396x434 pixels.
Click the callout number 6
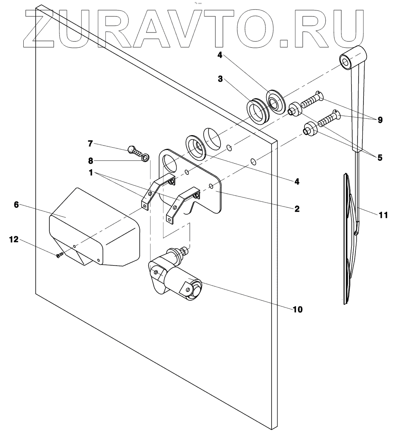tap(16, 205)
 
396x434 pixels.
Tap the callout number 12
tap(14, 239)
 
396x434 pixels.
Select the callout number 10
tap(298, 309)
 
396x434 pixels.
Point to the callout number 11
tap(383, 215)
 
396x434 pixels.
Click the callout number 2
tap(297, 209)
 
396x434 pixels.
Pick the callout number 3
tap(220, 79)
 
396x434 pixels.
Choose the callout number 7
tap(90, 143)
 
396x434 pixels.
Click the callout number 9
tap(380, 120)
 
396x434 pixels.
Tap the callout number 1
tap(92, 173)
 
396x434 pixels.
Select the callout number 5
tap(380, 158)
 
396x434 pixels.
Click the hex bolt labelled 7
tap(134, 151)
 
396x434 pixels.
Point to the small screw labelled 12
tap(60, 254)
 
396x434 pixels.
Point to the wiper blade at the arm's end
tap(347, 241)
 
